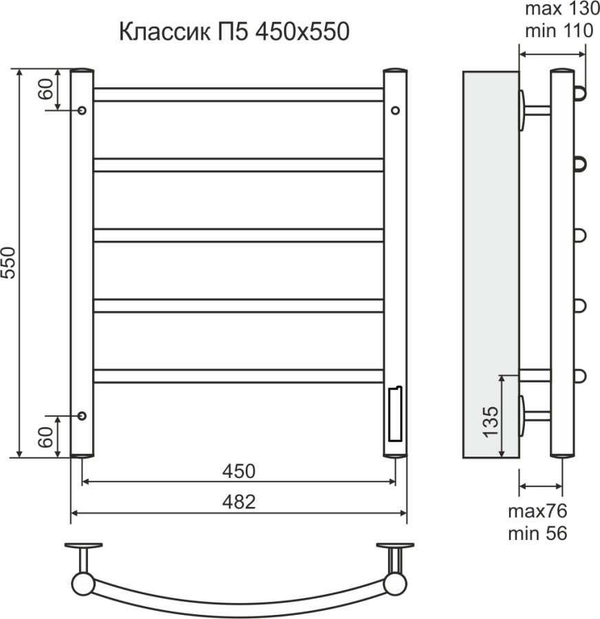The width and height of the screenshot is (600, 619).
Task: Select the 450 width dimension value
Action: (238, 471)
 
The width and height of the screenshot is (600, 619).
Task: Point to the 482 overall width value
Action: (238, 502)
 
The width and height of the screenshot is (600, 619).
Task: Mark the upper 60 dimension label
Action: (46, 89)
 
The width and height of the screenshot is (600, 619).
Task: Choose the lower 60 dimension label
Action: (46, 436)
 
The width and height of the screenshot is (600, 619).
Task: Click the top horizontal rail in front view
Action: (238, 94)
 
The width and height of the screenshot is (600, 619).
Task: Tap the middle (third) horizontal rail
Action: (238, 235)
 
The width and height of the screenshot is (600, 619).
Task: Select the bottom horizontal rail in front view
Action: (238, 376)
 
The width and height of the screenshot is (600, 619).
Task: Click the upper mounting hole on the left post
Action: (82, 110)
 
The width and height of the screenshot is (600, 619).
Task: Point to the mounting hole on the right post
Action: (395, 110)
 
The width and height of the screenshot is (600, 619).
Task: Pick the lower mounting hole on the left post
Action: (82, 415)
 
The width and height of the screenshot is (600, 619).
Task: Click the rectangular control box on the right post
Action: (395, 414)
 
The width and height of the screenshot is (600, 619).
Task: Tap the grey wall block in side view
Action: (491, 264)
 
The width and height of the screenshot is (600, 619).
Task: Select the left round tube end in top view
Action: (83, 584)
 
